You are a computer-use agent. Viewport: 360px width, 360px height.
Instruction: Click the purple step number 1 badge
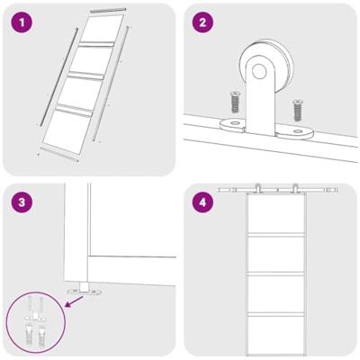(x=22, y=22)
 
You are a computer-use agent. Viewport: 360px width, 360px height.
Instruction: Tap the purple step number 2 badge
(x=202, y=22)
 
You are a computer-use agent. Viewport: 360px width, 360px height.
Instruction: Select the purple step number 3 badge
(x=22, y=202)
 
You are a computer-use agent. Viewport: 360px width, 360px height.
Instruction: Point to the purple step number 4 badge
(x=202, y=202)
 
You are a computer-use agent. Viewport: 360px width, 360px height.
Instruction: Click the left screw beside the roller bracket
(x=234, y=102)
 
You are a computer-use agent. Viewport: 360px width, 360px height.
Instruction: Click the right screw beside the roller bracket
(x=297, y=111)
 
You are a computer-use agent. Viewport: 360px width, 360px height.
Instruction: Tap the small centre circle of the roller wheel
(x=259, y=71)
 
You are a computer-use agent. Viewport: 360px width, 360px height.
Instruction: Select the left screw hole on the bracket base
(x=234, y=122)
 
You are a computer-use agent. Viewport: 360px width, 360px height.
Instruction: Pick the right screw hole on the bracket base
(x=297, y=131)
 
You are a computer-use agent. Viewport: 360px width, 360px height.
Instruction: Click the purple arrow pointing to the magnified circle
(x=74, y=301)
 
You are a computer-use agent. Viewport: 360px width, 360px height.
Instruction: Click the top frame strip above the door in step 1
(x=108, y=11)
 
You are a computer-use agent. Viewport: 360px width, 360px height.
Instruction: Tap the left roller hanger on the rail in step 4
(x=257, y=189)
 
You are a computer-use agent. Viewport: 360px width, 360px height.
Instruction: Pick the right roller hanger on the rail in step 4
(x=295, y=189)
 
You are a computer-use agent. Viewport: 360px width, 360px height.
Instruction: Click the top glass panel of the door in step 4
(x=275, y=213)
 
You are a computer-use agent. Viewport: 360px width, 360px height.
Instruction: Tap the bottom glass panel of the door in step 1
(x=67, y=130)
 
